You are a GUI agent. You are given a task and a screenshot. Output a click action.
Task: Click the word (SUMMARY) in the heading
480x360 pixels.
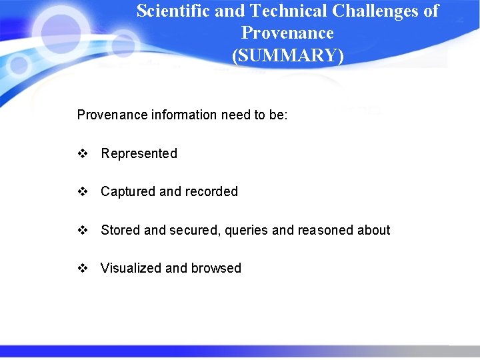click(x=288, y=55)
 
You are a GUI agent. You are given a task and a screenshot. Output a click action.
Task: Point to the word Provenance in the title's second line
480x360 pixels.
click(x=287, y=33)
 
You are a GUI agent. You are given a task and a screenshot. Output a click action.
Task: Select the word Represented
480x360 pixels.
click(x=139, y=153)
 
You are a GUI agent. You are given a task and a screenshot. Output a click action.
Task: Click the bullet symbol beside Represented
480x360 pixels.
click(x=83, y=153)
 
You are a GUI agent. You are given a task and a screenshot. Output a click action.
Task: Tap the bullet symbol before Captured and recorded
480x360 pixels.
click(x=83, y=191)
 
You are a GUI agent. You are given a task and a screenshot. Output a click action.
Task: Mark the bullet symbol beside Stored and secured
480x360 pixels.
click(x=83, y=230)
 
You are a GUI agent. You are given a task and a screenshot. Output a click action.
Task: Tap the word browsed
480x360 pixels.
click(x=216, y=268)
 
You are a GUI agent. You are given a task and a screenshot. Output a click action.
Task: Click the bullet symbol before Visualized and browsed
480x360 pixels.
click(x=83, y=268)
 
